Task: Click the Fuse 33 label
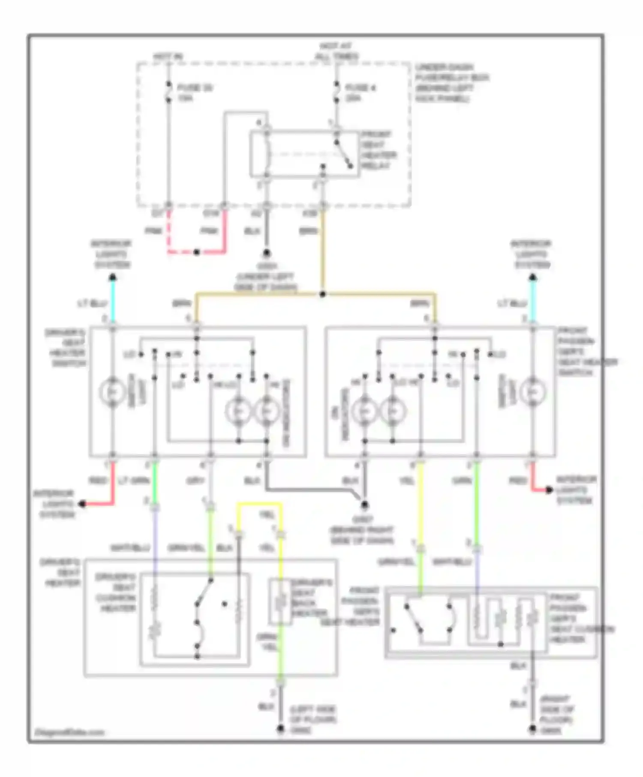click(195, 93)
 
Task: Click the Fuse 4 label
click(360, 93)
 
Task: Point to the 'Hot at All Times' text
click(337, 51)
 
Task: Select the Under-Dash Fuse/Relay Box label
click(451, 83)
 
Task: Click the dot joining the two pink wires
click(197, 252)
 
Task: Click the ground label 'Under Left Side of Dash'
click(266, 277)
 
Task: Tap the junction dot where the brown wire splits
click(323, 294)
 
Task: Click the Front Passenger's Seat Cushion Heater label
click(581, 619)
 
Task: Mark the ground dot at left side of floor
click(280, 728)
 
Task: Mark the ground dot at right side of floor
click(532, 728)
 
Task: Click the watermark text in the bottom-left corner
click(69, 732)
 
